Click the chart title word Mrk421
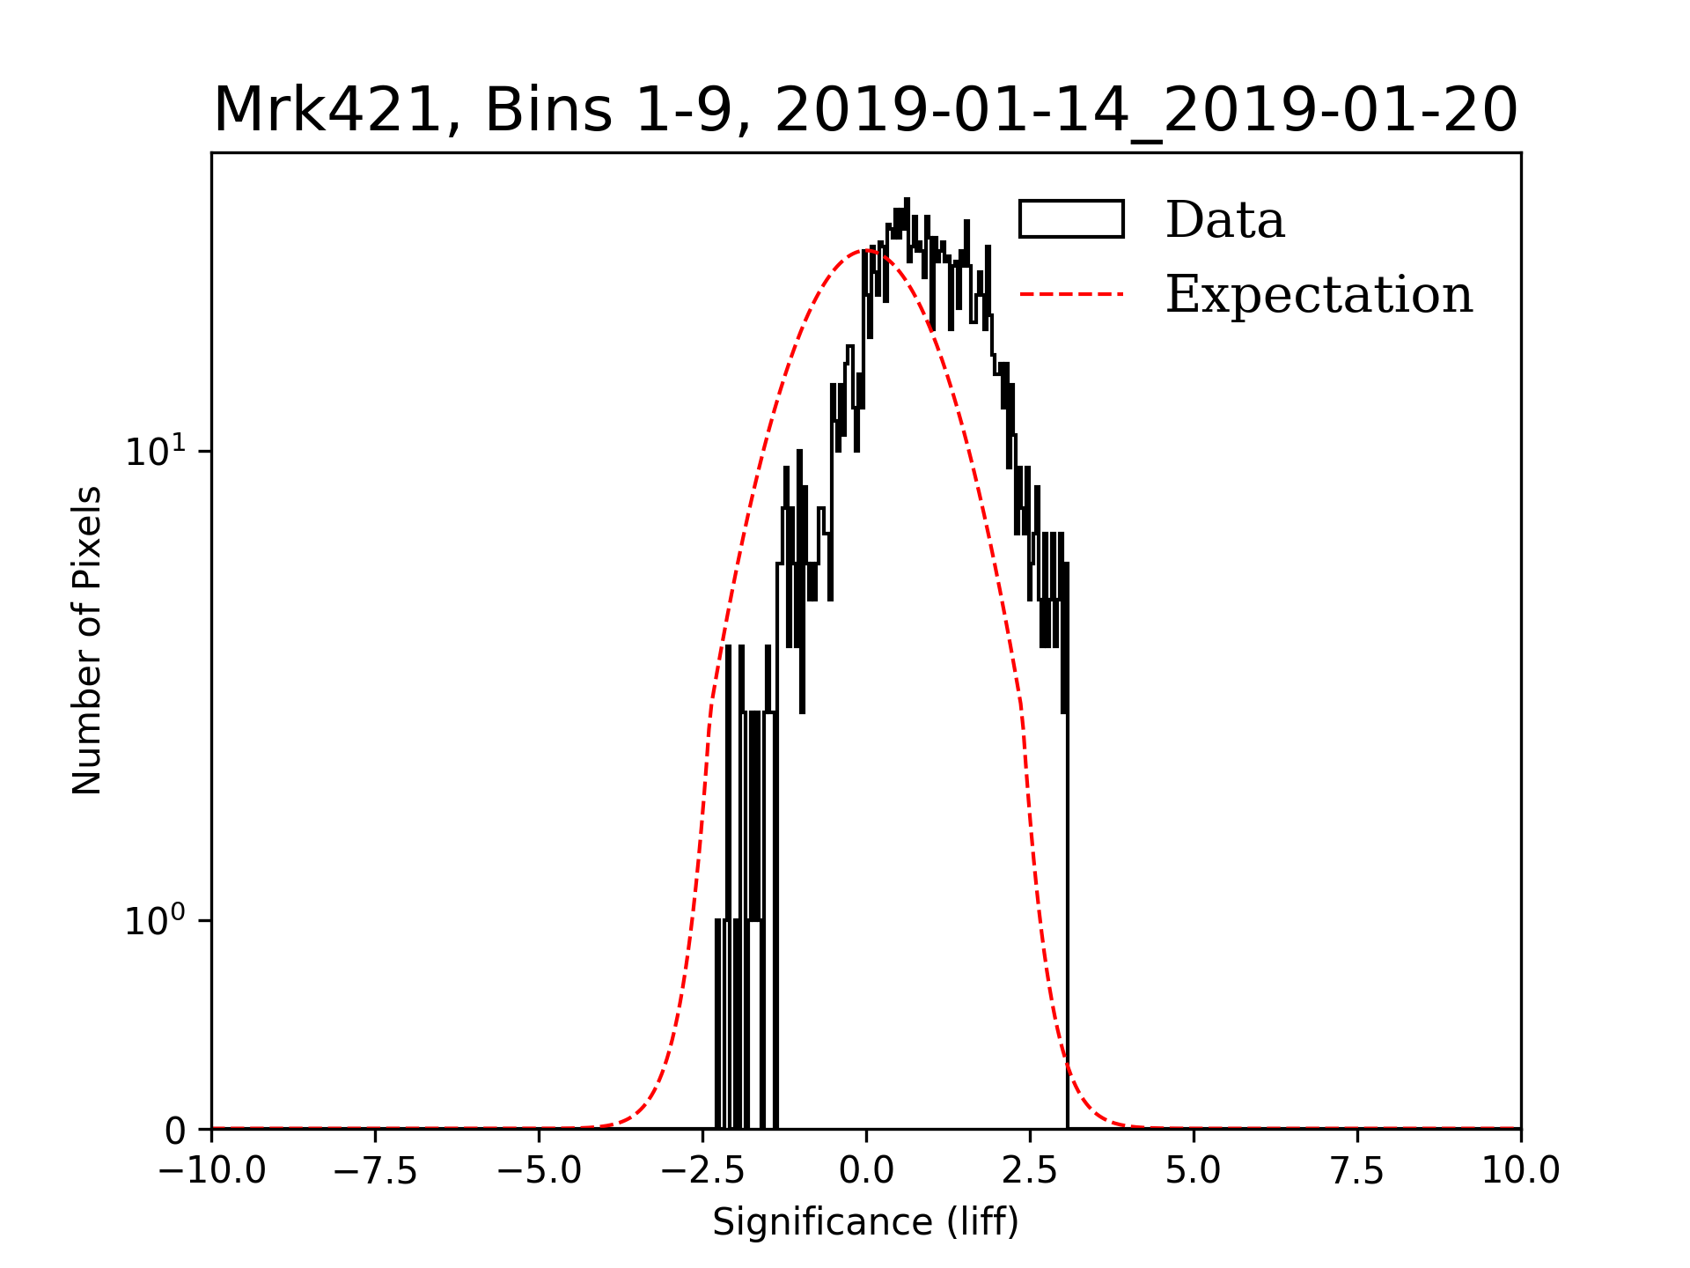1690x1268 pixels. pos(327,111)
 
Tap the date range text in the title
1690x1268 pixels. pos(1146,111)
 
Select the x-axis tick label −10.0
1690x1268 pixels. pos(211,1171)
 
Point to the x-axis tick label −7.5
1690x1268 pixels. pos(375,1171)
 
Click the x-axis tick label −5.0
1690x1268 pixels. pos(539,1171)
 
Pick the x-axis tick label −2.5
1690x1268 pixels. pos(702,1171)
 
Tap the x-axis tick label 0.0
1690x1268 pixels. pos(866,1171)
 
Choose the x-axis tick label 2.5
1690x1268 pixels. pos(1030,1171)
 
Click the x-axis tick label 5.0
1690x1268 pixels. pos(1194,1171)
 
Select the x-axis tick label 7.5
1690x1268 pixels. pos(1357,1171)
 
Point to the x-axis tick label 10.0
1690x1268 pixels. pos(1521,1171)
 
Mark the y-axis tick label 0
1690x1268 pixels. pos(176,1132)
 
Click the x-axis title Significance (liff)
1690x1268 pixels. pos(866,1222)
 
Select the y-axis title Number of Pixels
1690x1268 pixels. pos(87,640)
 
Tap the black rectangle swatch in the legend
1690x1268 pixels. pos(1071,219)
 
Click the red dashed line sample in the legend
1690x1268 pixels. pos(1071,294)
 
